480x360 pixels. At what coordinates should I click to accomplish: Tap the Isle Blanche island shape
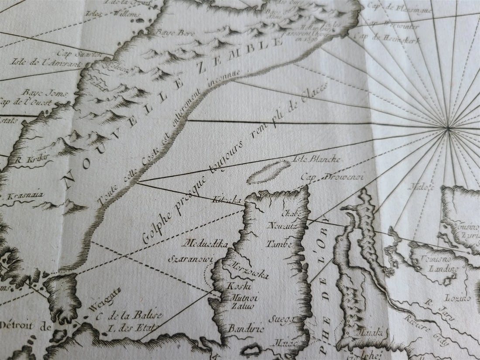269,172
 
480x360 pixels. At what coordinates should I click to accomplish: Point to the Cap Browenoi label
333,177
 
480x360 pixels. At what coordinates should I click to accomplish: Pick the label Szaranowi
191,259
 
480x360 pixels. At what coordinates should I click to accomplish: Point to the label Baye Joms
38,93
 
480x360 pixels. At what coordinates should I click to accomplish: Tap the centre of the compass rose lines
448,128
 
